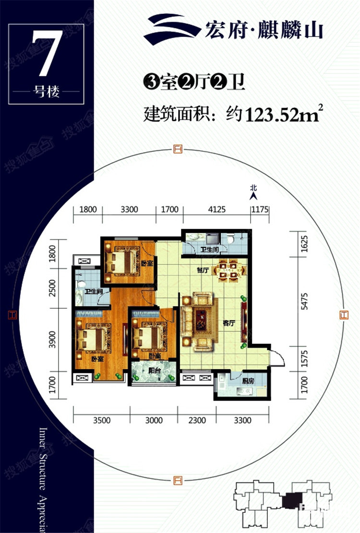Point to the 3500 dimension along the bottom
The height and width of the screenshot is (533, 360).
(x=101, y=421)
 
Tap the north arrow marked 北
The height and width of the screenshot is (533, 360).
(x=253, y=193)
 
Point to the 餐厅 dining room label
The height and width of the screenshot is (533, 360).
(x=202, y=270)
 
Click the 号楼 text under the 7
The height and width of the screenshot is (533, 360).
(x=47, y=92)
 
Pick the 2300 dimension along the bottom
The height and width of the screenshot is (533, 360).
(x=197, y=421)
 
